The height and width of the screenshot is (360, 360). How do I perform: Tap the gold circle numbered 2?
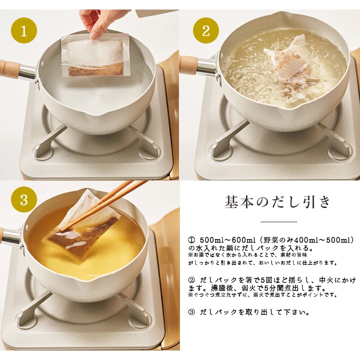click(x=206, y=30)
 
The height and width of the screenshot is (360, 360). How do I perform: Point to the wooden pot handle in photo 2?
click(x=189, y=64)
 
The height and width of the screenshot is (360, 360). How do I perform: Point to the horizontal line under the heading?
click(x=279, y=221)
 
